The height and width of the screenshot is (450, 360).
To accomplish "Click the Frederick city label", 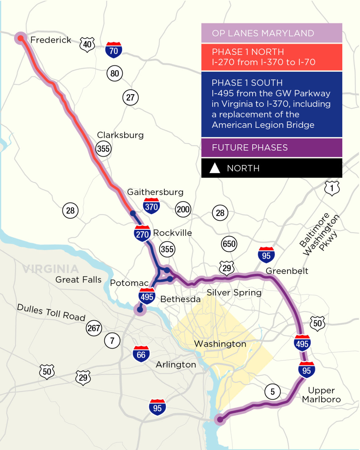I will pyautogui.click(x=51, y=40).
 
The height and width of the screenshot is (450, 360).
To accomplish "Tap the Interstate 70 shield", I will pyautogui.click(x=113, y=50).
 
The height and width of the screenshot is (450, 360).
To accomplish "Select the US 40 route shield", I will pyautogui.click(x=87, y=45).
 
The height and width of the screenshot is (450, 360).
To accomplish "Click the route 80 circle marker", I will pyautogui.click(x=115, y=73).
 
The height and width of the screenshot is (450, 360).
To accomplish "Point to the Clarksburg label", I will pyautogui.click(x=120, y=135).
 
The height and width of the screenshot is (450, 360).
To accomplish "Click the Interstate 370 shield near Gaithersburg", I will pyautogui.click(x=151, y=207).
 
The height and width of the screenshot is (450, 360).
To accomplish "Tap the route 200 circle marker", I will pyautogui.click(x=183, y=209).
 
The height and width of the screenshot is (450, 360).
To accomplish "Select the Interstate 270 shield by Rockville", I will pyautogui.click(x=142, y=234).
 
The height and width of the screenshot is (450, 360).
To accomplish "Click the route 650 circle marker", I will pyautogui.click(x=229, y=244).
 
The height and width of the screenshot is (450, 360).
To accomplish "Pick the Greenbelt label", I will pyautogui.click(x=287, y=271).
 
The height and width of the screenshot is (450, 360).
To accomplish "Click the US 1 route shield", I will pyautogui.click(x=332, y=188).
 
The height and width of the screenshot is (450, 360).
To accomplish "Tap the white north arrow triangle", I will pyautogui.click(x=215, y=168).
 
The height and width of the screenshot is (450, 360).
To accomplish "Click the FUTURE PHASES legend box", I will pyautogui.click(x=272, y=148).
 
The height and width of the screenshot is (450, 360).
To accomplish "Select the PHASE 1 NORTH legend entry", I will pyautogui.click(x=272, y=57).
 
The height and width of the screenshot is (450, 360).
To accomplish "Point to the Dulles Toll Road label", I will pyautogui.click(x=51, y=312).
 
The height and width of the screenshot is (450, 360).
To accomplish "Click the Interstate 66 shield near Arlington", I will pyautogui.click(x=141, y=354).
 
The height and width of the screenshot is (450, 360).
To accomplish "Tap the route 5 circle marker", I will pyautogui.click(x=272, y=391).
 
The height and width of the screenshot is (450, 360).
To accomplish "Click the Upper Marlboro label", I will pyautogui.click(x=321, y=395).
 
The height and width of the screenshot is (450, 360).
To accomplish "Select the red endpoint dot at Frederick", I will pyautogui.click(x=20, y=38).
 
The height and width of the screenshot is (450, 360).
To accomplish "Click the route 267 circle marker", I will pyautogui.click(x=94, y=328).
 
